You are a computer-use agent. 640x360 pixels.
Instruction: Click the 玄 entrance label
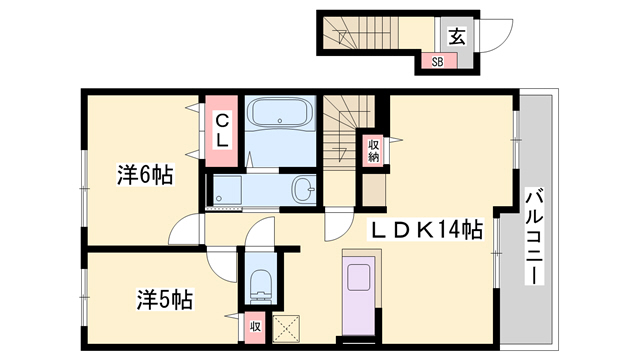456,37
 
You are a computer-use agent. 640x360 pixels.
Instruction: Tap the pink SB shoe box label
438,62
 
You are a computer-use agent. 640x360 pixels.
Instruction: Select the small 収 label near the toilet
255,325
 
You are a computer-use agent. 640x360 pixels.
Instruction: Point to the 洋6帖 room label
144,175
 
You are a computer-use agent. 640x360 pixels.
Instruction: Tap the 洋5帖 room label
164,298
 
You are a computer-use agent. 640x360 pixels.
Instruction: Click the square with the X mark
288,326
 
